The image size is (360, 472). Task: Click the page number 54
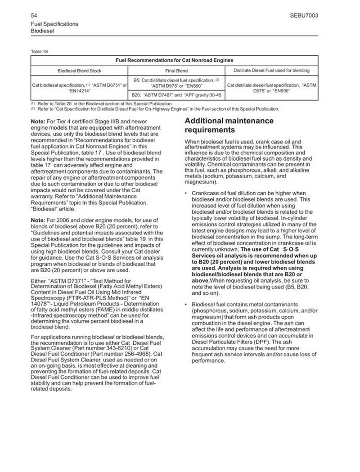(x=34, y=15)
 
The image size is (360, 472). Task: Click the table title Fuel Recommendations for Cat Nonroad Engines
(x=175, y=60)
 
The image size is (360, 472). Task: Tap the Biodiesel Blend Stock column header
(x=79, y=71)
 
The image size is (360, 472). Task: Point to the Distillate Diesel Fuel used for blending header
(x=271, y=71)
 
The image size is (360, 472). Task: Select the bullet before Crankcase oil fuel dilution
(x=187, y=193)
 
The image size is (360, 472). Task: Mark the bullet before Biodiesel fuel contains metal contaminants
(x=187, y=306)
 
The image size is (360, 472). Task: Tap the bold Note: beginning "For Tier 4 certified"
(x=39, y=121)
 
